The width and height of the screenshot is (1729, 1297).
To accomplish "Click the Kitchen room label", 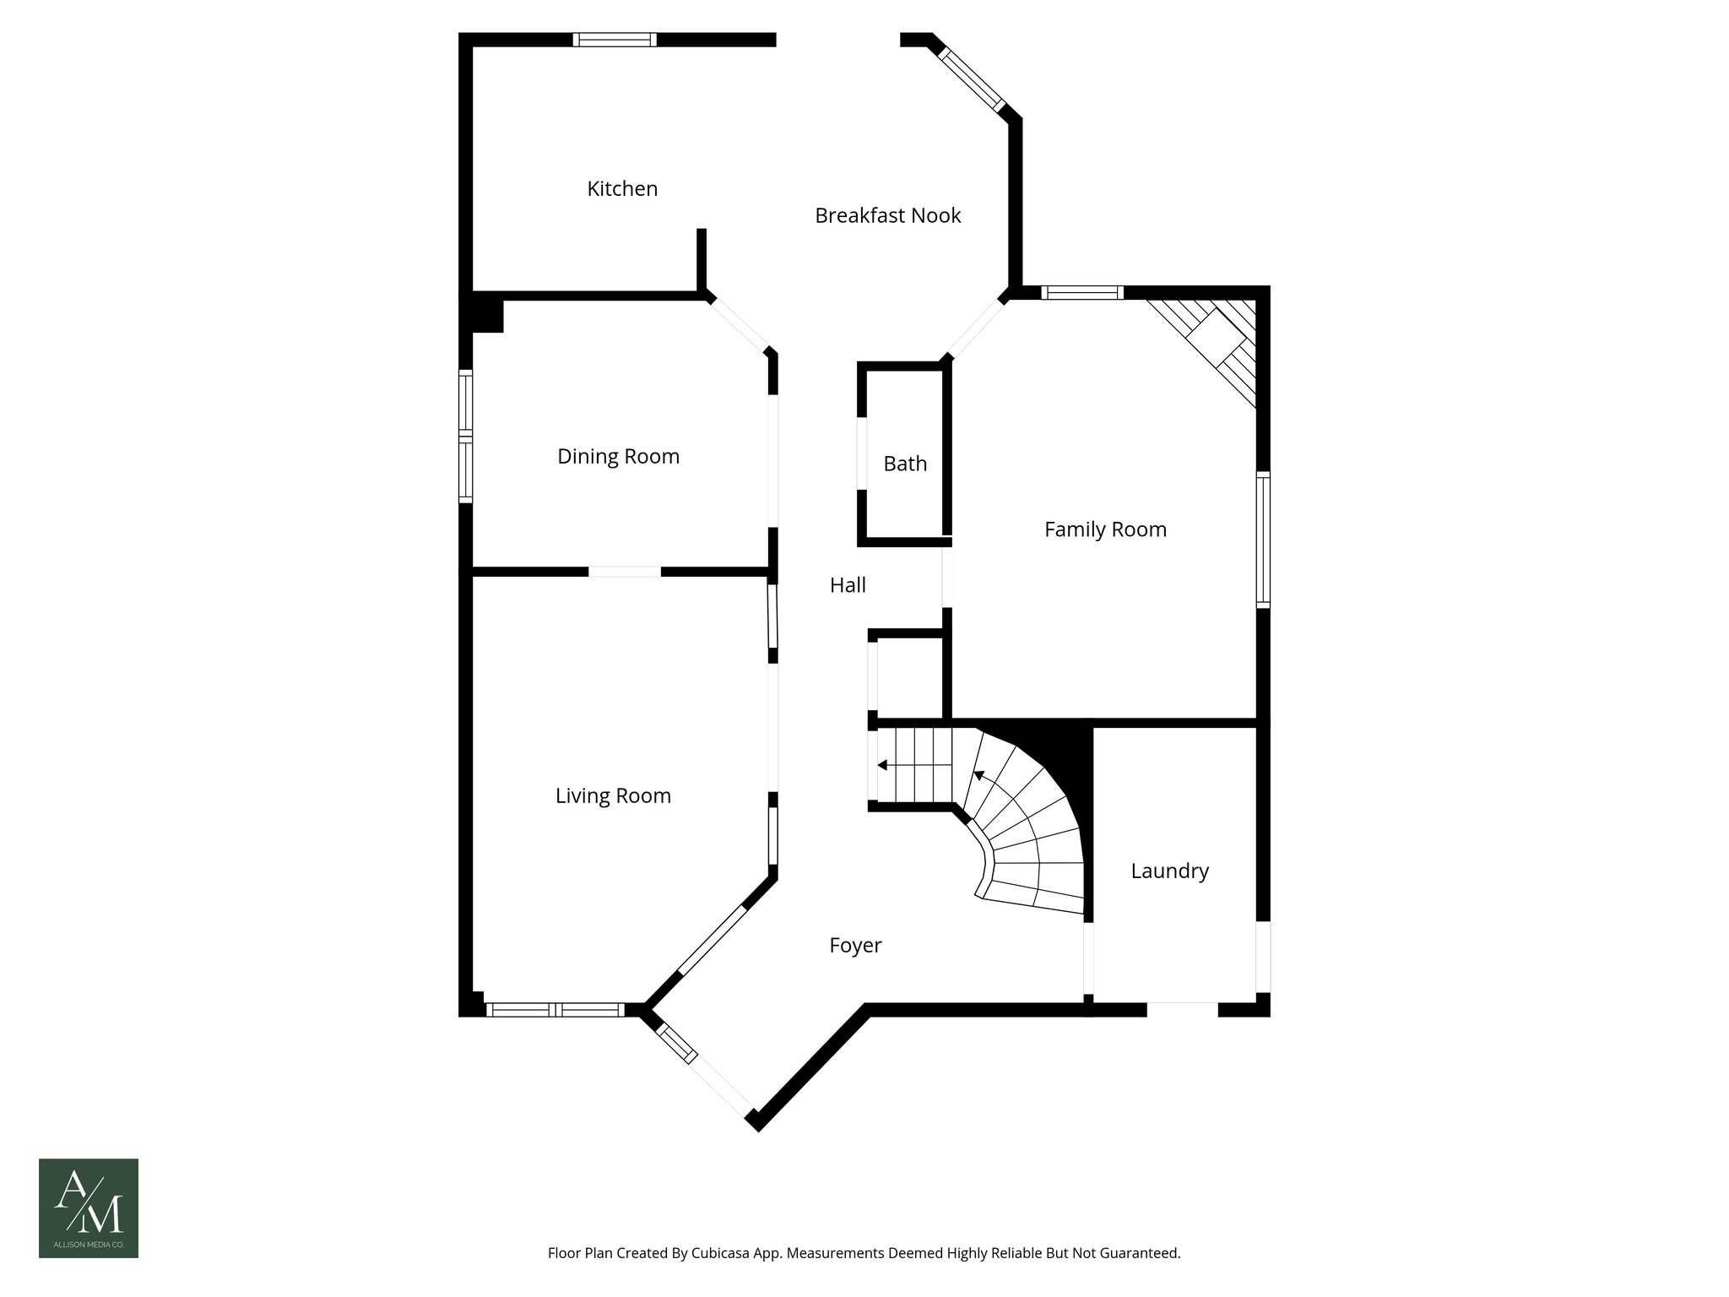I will point(622,189).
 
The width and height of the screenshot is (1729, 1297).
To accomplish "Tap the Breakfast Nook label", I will point(887,216).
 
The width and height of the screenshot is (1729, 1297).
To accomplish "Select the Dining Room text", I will point(618,457).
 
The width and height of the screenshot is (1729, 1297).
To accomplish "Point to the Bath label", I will point(905,464).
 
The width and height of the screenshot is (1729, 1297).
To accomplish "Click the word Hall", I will point(848,585).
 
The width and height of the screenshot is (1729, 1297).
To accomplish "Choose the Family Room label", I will point(1105,529).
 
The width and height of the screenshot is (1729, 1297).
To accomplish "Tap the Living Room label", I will point(613,796).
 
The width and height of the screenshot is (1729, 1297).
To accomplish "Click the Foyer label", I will point(855,946).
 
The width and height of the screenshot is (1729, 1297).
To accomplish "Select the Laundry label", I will point(1169,871).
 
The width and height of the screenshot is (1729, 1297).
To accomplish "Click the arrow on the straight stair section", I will point(882,765).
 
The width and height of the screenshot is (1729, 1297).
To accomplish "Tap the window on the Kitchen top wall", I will point(615,40).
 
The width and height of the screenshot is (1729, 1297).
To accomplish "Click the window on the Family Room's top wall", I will point(1082,293).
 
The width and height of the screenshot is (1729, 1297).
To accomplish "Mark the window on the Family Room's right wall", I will point(1263,539).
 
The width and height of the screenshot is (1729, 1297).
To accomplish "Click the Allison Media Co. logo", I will point(89,1207).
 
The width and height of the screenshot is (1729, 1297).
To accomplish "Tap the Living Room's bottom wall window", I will point(555,1009).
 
